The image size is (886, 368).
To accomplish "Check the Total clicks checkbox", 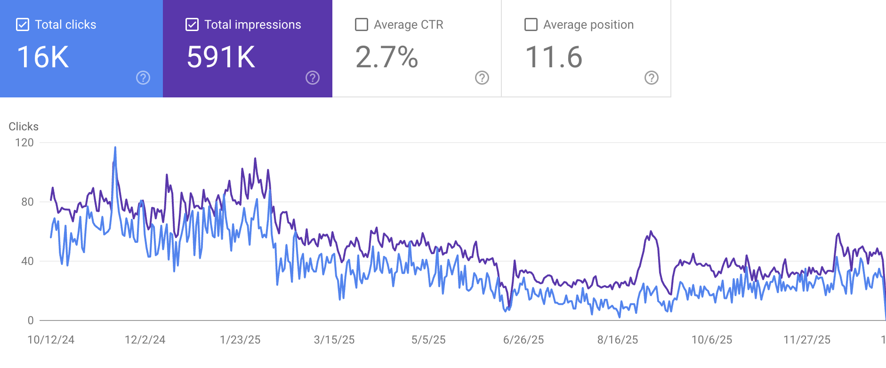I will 23,24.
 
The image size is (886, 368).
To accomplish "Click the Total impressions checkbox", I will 192,24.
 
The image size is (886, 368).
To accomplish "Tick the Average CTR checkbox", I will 362,24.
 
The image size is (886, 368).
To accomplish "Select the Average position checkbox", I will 531,24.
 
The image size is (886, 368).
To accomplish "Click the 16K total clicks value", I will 43,57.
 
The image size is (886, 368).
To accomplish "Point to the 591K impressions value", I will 221,57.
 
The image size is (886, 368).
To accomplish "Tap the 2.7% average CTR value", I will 387,57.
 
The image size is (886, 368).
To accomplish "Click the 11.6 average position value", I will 554,57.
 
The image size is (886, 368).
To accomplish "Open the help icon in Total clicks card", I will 143,78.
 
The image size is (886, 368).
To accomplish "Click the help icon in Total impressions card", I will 313,78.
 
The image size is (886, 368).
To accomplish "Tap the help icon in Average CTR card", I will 482,78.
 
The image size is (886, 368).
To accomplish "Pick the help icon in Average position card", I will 652,78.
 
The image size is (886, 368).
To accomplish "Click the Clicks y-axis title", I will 24,127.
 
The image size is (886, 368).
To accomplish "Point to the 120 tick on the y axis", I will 24,143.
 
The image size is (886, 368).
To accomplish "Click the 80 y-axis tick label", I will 27,202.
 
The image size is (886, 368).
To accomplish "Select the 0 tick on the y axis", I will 31,320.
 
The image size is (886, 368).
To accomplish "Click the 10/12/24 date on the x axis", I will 51,340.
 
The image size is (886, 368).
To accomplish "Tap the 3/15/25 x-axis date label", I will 334,340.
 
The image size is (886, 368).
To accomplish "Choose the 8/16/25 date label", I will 618,340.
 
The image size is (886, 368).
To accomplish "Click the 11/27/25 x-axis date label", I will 807,340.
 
